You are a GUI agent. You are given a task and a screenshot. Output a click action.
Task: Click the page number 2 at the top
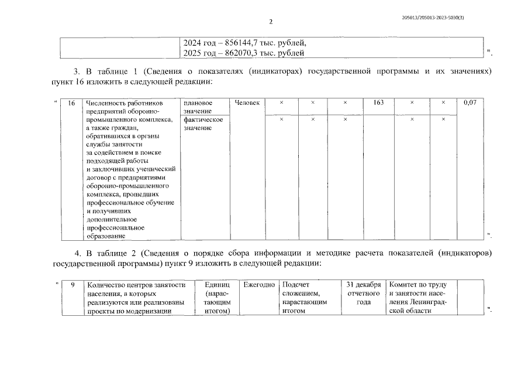(x=271, y=22)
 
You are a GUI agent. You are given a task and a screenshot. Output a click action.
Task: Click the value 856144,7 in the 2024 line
(x=234, y=43)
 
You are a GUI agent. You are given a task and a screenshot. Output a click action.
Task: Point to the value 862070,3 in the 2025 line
(x=233, y=53)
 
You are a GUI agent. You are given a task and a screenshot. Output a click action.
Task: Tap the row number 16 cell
(x=71, y=103)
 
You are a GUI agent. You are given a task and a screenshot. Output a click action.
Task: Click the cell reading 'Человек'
(x=247, y=103)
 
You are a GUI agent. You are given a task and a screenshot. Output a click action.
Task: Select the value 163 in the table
(x=378, y=103)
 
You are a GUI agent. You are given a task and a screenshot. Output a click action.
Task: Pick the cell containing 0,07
(x=470, y=103)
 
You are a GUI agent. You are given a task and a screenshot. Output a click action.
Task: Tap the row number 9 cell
(x=71, y=285)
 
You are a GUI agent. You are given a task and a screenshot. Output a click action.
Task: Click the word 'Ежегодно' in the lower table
(x=258, y=285)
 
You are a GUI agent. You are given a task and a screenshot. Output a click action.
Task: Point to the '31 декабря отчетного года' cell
(x=364, y=294)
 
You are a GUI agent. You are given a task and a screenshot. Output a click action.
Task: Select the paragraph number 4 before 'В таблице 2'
(x=78, y=253)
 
